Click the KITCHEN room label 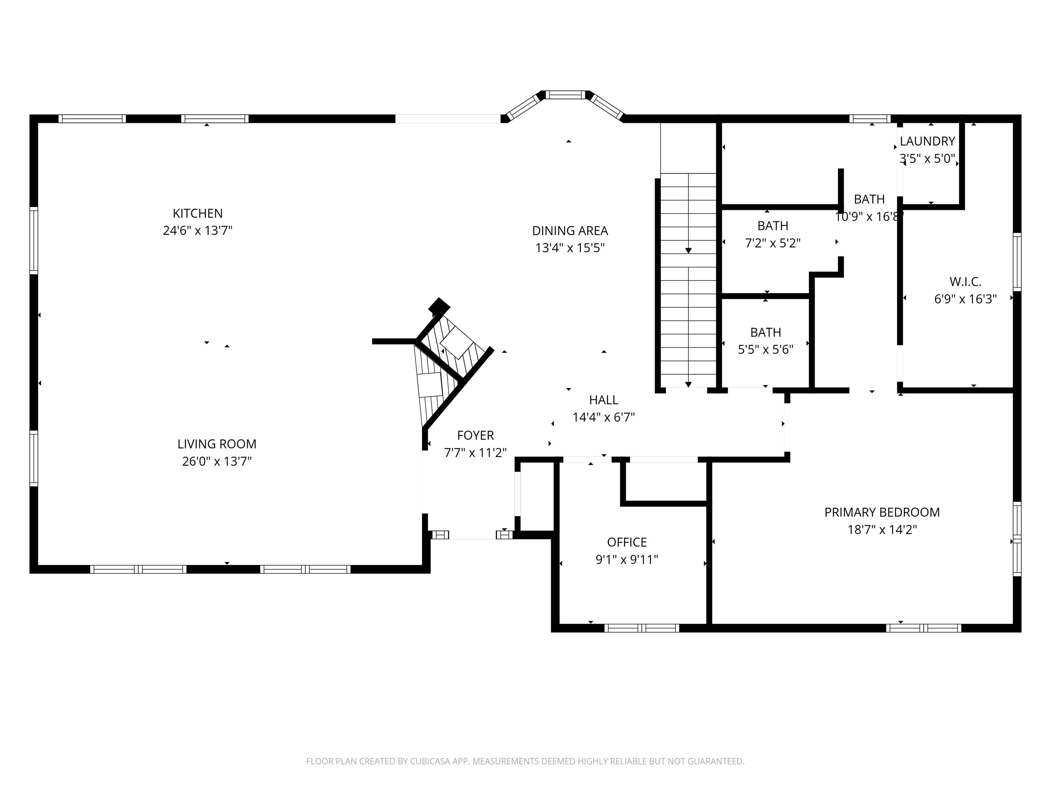point(198,213)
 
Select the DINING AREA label point(570,231)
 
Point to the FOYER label point(475,435)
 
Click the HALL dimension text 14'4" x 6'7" point(604,418)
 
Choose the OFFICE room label point(627,542)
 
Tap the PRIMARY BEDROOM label point(882,512)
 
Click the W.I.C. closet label point(965,282)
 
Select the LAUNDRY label point(927,141)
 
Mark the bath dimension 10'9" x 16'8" point(869,216)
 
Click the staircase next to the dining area point(688,280)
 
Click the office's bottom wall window point(641,628)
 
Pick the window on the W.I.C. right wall point(1017,262)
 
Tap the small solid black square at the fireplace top point(439,306)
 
